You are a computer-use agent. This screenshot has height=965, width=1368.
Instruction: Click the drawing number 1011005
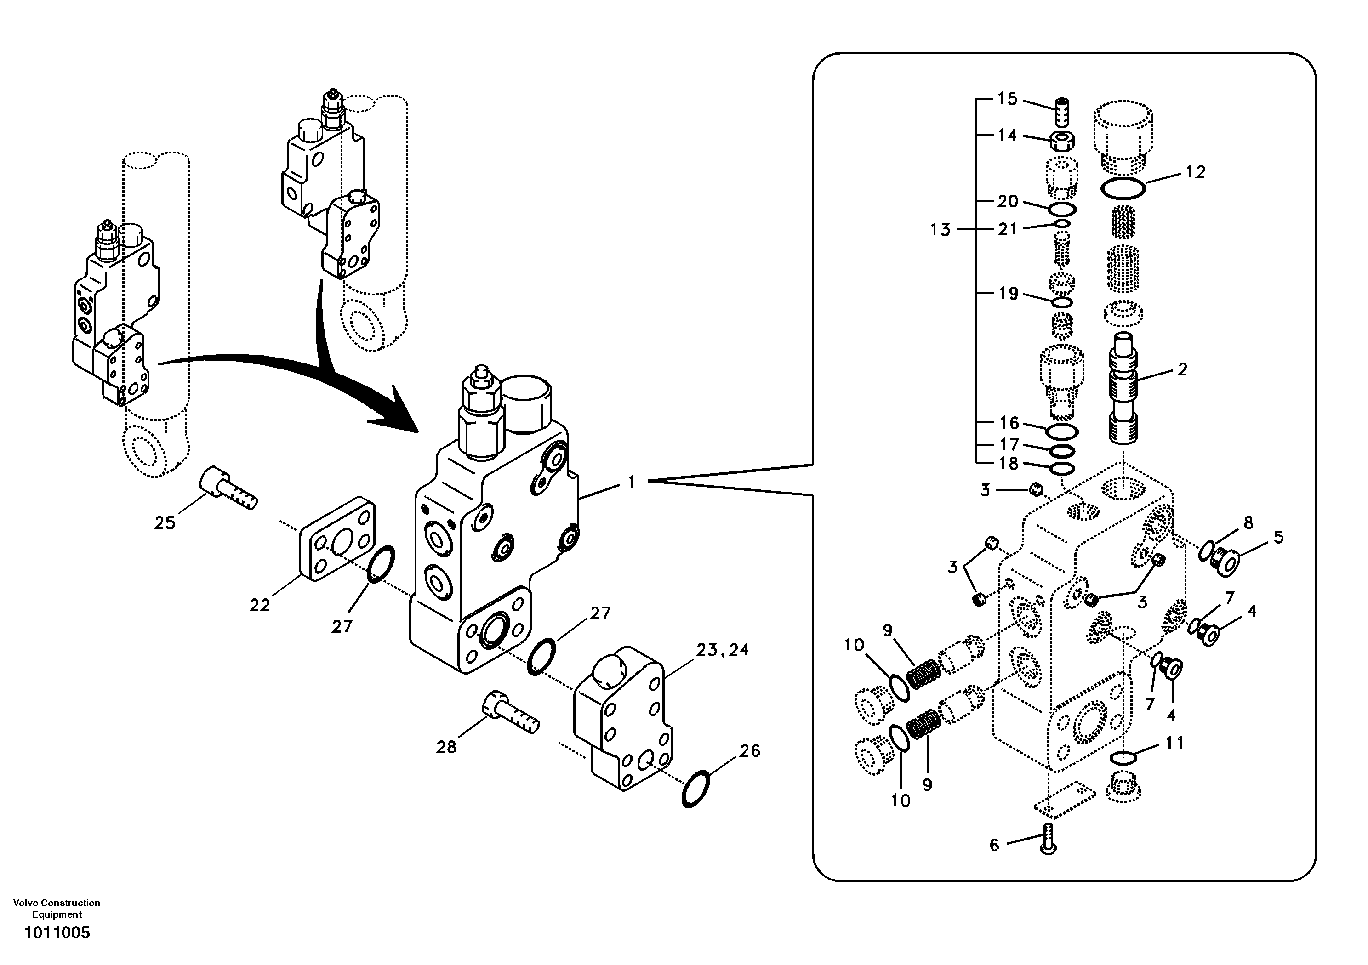[57, 933]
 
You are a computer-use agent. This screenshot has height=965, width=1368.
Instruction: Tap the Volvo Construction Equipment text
[57, 908]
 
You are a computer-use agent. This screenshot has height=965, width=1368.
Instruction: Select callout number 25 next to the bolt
[165, 523]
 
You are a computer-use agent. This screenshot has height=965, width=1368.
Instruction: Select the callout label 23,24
[722, 650]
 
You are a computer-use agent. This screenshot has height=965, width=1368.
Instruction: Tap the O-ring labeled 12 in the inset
[1123, 189]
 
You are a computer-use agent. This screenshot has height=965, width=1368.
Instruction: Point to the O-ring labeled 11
[1123, 758]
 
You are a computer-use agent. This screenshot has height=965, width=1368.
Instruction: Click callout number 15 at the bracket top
[1008, 98]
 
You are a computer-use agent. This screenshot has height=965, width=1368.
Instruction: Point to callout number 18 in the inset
[1009, 464]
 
